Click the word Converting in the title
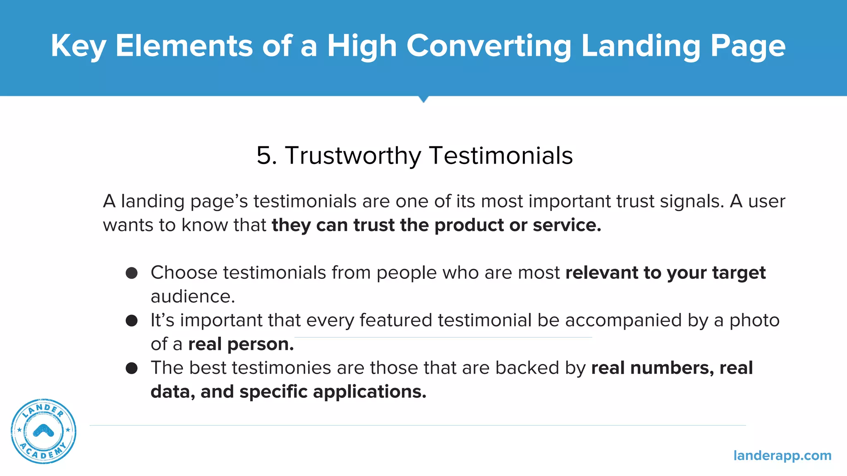pyautogui.click(x=489, y=46)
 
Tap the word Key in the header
pyautogui.click(x=78, y=46)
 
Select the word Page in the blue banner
pyautogui.click(x=748, y=46)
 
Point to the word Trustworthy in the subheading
pyautogui.click(x=353, y=156)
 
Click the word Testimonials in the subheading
pyautogui.click(x=501, y=156)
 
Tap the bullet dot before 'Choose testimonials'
pyautogui.click(x=132, y=273)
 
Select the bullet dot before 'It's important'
pyautogui.click(x=132, y=321)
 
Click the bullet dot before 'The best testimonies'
pyautogui.click(x=132, y=368)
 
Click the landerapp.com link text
pyautogui.click(x=782, y=455)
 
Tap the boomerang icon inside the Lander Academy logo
pyautogui.click(x=43, y=431)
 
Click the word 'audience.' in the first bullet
pyautogui.click(x=193, y=297)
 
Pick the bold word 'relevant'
pyautogui.click(x=602, y=273)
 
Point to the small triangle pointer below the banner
pyautogui.click(x=423, y=99)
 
